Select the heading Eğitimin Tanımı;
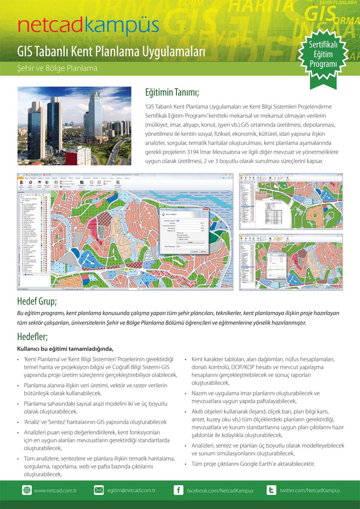tap(172, 93)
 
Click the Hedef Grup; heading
tap(37, 301)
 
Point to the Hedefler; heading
tap(32, 337)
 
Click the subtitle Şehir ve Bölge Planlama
tap(57, 68)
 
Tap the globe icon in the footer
tap(27, 490)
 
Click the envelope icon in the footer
tap(99, 490)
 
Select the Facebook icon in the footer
tap(178, 490)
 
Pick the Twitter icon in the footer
tap(271, 490)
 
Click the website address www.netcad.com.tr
tap(55, 490)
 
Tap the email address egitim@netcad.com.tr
tap(131, 490)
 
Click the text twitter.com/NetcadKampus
tap(310, 490)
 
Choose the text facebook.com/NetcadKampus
tap(220, 490)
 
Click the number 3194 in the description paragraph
tap(193, 152)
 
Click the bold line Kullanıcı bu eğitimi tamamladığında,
tap(65, 348)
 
